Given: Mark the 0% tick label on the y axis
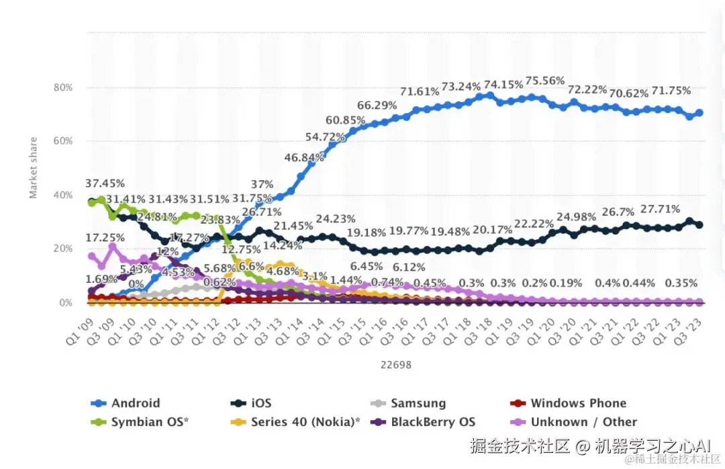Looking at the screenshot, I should point(65,302).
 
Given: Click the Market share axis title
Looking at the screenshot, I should point(34,168).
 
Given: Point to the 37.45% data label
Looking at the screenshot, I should point(105,183).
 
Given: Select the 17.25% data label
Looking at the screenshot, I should point(105,238).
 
